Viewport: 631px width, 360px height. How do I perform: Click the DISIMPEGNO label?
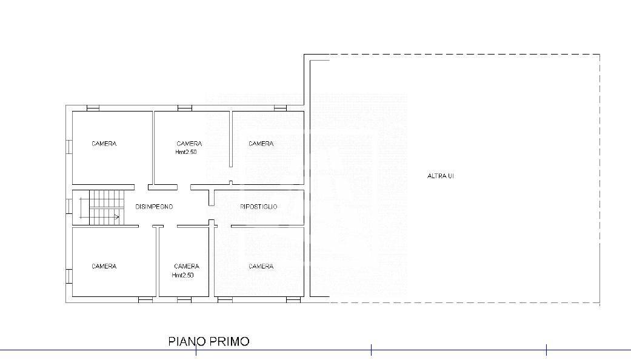pyautogui.click(x=154, y=207)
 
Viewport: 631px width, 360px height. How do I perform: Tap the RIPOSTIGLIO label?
pyautogui.click(x=259, y=207)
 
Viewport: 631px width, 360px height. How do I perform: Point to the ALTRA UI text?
pyautogui.click(x=441, y=176)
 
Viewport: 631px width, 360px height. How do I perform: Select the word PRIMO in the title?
pyautogui.click(x=229, y=341)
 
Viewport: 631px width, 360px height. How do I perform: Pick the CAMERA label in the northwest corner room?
pyautogui.click(x=104, y=144)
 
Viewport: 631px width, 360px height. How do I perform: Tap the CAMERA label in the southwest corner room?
pyautogui.click(x=104, y=266)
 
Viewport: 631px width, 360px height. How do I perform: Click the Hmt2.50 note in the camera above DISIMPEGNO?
pyautogui.click(x=186, y=152)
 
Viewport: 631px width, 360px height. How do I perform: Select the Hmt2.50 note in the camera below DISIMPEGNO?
pyautogui.click(x=182, y=275)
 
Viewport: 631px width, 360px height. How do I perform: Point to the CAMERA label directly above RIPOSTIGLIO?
pyautogui.click(x=261, y=144)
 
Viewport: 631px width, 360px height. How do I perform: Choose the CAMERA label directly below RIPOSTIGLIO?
pyautogui.click(x=261, y=266)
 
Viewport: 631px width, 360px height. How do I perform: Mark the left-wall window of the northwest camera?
pyautogui.click(x=69, y=147)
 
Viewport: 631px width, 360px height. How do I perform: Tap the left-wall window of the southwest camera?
pyautogui.click(x=69, y=276)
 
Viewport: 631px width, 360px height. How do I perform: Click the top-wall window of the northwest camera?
pyautogui.click(x=93, y=108)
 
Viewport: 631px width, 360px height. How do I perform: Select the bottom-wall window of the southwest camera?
pyautogui.click(x=145, y=299)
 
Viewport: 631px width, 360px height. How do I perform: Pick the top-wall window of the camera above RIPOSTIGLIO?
pyautogui.click(x=281, y=108)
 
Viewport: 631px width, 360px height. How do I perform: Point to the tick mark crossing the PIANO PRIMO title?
pyautogui.click(x=196, y=350)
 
